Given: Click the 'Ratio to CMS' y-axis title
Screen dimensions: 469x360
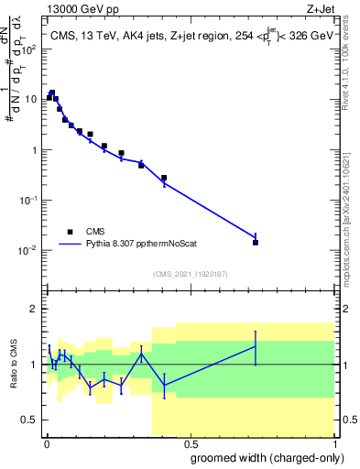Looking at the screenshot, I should [14, 365].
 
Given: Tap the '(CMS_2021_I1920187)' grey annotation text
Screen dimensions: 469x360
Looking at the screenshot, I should [190, 273].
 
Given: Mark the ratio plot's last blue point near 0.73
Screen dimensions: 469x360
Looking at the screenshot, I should [256, 345].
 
